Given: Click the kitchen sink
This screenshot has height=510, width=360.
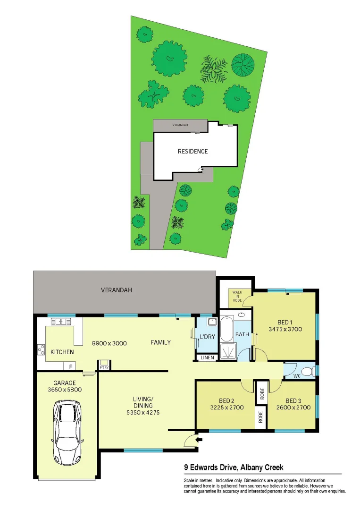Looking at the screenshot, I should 61,322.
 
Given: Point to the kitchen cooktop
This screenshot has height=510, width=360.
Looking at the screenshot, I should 41,350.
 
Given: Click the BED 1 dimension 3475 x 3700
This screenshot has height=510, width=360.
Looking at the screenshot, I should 285,329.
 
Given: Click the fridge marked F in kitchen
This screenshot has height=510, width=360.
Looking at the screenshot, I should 70,366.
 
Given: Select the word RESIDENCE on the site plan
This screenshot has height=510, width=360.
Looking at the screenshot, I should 193,152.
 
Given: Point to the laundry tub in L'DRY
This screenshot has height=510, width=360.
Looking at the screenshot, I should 212,323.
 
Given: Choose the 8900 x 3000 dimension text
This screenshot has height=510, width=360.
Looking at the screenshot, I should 109,343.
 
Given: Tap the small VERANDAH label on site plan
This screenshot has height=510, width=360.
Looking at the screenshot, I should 180,125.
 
